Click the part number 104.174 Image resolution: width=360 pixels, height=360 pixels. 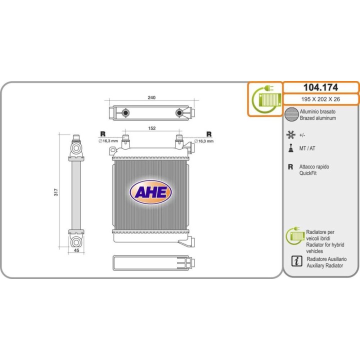(x=320, y=87)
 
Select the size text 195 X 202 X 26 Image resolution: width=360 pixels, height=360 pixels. (x=320, y=99)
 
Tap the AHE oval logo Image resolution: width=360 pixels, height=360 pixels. (x=151, y=192)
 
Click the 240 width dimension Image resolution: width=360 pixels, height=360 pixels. (x=151, y=98)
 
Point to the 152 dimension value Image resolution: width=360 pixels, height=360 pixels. (x=152, y=128)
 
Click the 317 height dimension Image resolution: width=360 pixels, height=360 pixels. (x=56, y=191)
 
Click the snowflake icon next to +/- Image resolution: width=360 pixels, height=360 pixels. (x=290, y=134)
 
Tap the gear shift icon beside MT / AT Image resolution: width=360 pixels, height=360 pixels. (x=290, y=148)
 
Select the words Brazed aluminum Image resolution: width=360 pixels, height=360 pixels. (x=318, y=118)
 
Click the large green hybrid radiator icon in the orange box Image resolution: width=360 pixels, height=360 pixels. (x=265, y=99)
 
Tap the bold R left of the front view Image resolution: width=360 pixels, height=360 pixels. (x=102, y=133)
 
